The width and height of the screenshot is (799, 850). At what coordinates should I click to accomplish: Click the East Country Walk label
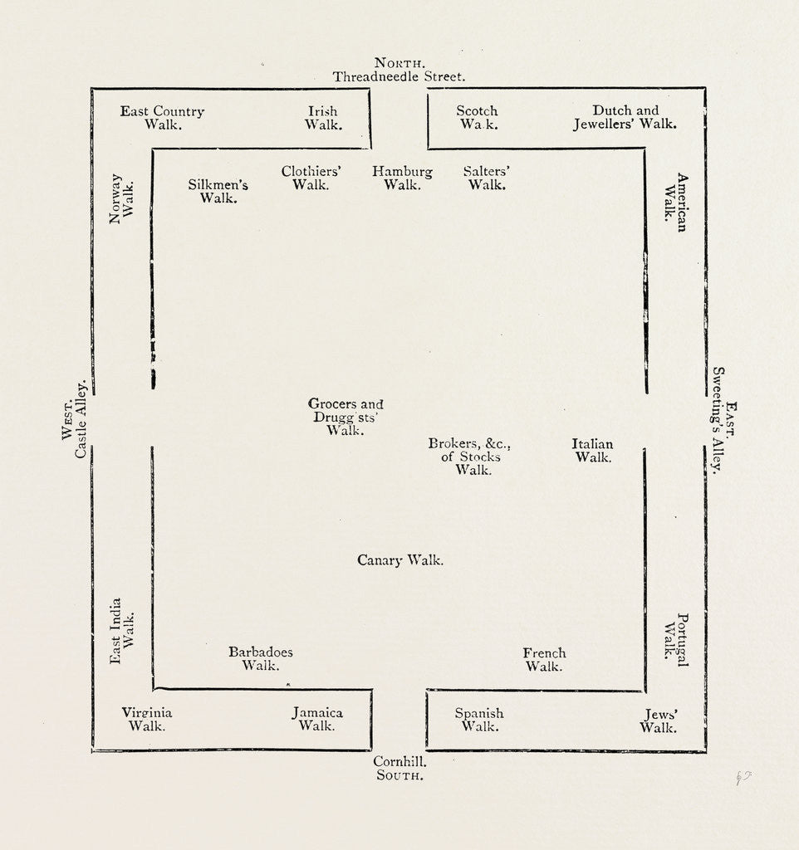click(163, 118)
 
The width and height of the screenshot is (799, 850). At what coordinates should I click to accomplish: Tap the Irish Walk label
click(323, 118)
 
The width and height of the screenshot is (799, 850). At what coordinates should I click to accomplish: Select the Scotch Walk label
click(478, 118)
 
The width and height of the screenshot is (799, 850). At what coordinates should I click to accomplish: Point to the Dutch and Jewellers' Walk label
click(625, 117)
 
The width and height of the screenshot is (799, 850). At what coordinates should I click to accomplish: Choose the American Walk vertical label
click(675, 202)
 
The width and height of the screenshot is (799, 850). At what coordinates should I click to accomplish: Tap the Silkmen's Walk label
click(218, 192)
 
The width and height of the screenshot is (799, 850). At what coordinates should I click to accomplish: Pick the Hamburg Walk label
click(402, 178)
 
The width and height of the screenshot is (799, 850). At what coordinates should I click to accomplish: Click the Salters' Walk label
click(487, 178)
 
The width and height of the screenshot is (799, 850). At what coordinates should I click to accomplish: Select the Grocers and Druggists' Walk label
click(346, 417)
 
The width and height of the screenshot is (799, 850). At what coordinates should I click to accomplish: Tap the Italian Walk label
click(593, 451)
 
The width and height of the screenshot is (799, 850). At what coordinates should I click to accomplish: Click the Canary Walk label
click(400, 560)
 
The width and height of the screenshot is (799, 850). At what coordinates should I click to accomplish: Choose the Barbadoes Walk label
click(261, 658)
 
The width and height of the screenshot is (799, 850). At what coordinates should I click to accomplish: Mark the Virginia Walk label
click(147, 719)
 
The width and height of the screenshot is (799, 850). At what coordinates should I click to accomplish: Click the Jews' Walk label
click(659, 721)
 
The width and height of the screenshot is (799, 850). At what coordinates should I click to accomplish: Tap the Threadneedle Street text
click(399, 76)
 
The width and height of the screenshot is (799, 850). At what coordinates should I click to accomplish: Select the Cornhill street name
click(399, 760)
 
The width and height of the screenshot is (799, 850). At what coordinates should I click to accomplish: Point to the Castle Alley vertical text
click(81, 419)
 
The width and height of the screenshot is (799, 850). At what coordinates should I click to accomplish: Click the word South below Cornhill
click(399, 775)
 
